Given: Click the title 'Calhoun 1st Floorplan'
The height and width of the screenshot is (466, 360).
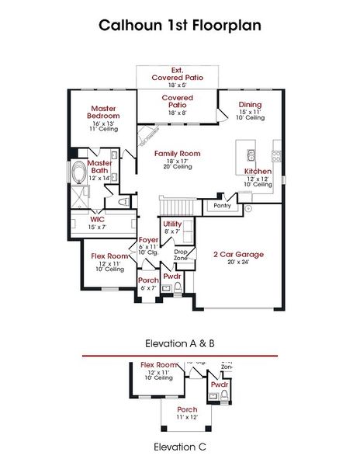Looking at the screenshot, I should (x=179, y=25).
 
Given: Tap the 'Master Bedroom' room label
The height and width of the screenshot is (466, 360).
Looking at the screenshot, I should (x=103, y=112).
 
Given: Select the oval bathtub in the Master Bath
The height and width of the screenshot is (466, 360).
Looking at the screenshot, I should (x=80, y=172).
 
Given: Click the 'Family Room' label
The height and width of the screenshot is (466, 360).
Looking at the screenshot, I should (x=177, y=154).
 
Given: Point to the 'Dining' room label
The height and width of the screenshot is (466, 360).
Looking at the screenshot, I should (x=250, y=104).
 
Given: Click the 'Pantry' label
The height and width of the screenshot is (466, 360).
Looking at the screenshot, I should (x=222, y=206).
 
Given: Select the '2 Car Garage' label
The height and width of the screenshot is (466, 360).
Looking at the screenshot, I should (x=238, y=254).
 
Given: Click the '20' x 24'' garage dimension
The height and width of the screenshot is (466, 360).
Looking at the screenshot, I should (x=238, y=263).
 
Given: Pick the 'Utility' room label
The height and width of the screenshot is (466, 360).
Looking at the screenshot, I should (x=172, y=224).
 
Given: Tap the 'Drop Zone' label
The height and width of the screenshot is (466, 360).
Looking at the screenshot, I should (x=180, y=254).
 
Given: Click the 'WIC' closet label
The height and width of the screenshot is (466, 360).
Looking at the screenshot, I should (x=98, y=219).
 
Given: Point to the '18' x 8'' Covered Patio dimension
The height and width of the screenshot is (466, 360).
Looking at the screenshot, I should (x=177, y=113).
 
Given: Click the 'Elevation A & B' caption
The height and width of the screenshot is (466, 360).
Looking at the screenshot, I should (x=179, y=342).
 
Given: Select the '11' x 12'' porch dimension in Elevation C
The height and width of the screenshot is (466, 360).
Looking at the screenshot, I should (x=187, y=417).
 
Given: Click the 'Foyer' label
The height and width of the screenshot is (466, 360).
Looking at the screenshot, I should (x=148, y=240).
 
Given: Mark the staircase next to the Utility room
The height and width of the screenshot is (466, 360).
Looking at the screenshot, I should (x=175, y=204).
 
